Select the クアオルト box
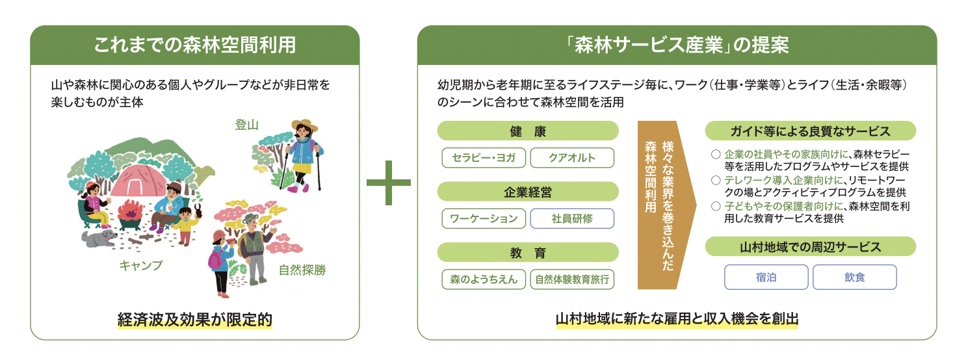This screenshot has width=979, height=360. point(572,158)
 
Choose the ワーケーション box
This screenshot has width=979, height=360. point(484,218)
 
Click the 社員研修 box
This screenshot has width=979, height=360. point(572,218)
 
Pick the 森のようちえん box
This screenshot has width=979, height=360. point(484,279)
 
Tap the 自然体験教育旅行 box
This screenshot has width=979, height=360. point(572,279)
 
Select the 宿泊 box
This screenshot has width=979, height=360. point(766,277)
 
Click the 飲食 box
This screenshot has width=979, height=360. point(854,277)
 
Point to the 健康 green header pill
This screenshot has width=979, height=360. point(527,131)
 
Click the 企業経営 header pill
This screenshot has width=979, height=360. point(527,192)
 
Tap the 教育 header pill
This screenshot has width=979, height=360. point(527,253)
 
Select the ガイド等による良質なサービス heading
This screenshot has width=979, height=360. point(810,131)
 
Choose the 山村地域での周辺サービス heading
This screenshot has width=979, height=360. point(810,247)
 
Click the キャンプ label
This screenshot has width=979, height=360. point(141,266)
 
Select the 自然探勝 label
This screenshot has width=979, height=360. point(302,270)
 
